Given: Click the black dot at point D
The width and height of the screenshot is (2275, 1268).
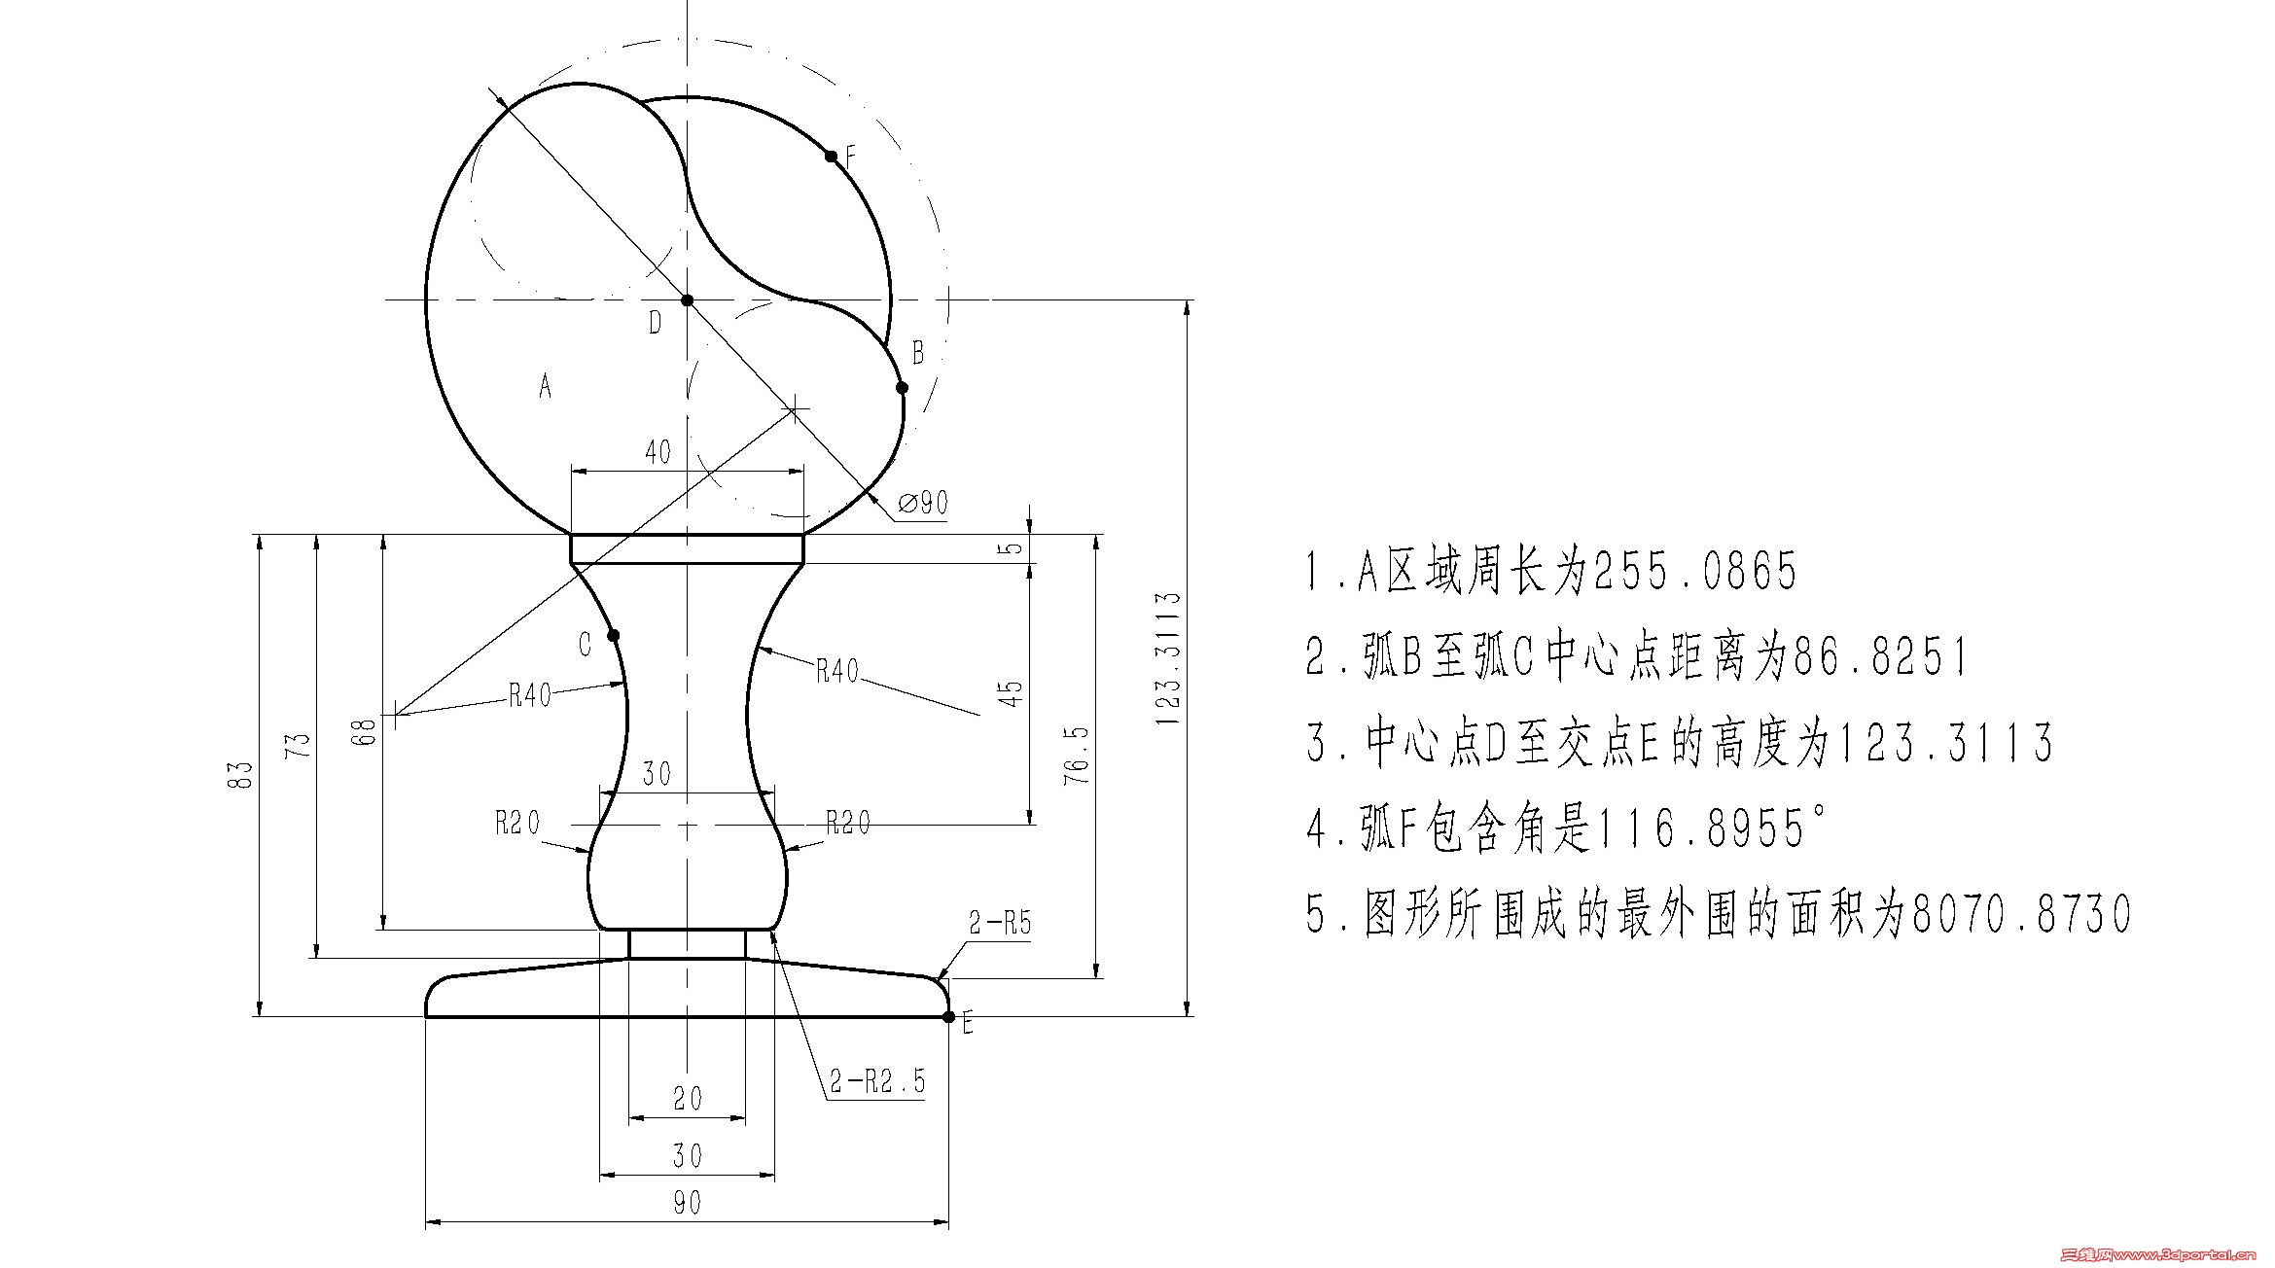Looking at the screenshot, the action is (688, 300).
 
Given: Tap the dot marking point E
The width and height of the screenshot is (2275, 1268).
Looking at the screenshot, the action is (948, 1017).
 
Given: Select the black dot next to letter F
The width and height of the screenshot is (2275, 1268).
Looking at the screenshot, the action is (831, 156).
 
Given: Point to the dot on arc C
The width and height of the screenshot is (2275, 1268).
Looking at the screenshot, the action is (614, 636).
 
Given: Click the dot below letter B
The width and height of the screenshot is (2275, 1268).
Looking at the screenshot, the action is (902, 388).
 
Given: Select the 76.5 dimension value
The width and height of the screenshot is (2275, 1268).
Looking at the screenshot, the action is (1077, 755).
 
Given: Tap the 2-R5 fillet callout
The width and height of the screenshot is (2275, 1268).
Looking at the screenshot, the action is (1000, 923).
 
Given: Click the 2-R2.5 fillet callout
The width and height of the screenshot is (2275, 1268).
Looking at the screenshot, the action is (877, 1080).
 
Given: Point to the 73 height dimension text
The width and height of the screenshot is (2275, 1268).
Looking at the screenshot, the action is (300, 745).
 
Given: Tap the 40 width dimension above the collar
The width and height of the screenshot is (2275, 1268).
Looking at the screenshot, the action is (658, 452).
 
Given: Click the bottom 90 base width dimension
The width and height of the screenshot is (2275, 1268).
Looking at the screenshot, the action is (687, 1203).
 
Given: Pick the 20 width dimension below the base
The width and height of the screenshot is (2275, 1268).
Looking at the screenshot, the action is (688, 1099).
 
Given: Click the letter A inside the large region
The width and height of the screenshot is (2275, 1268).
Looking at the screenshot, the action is (546, 386).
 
